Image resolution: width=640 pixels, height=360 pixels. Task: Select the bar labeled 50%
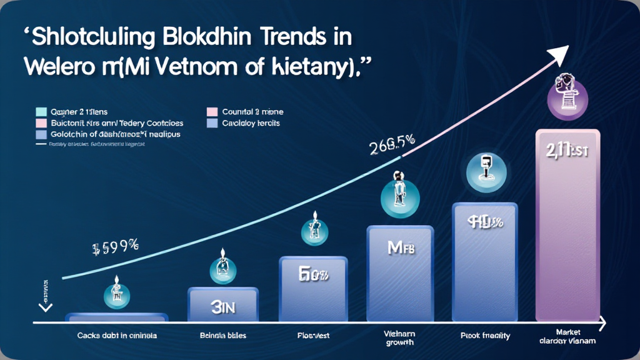314,287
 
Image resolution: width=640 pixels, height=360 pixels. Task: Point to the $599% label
114,247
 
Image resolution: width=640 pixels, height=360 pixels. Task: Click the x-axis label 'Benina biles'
222,336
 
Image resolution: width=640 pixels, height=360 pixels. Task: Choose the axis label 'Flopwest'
314,336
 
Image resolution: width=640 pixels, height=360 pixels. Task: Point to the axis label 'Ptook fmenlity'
486,336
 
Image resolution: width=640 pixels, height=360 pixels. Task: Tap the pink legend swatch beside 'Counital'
211,112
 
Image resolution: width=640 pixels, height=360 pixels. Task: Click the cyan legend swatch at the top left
41,112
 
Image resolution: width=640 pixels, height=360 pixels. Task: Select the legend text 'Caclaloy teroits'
251,123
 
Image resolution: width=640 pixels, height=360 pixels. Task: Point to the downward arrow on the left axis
45,306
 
